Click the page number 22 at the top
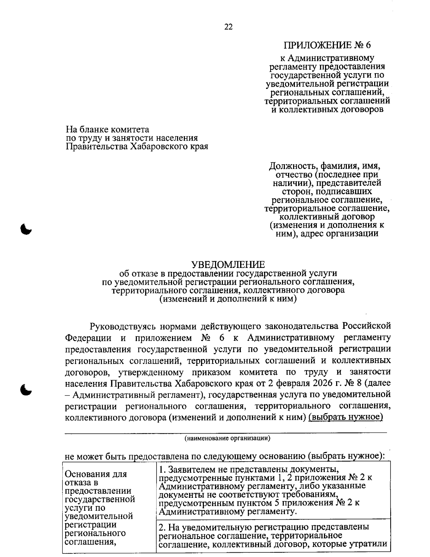tap(228, 27)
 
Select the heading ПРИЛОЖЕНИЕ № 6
tap(327, 45)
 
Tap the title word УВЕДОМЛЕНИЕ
tap(228, 265)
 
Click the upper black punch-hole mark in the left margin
tap(26, 228)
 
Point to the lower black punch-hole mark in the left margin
tap(26, 389)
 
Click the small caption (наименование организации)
tap(227, 438)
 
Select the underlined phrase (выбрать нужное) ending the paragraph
tap(345, 417)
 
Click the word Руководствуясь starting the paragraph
tap(123, 326)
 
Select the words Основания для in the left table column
tap(96, 474)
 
